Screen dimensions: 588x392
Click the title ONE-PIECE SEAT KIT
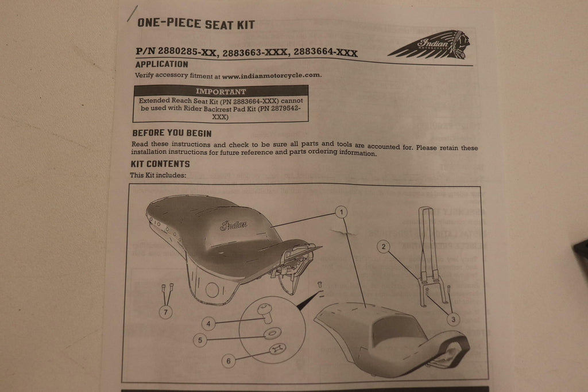tap(196, 24)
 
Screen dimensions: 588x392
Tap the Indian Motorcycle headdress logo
tap(430, 45)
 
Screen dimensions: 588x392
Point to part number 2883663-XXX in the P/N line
tap(255, 52)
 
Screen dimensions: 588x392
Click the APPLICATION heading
tap(161, 64)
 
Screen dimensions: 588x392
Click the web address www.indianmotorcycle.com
tap(272, 75)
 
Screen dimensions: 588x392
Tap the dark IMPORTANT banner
tap(221, 91)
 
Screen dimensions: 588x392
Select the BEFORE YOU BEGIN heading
tap(172, 133)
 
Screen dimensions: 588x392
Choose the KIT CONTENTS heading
tap(160, 164)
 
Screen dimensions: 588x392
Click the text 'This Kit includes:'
tap(158, 175)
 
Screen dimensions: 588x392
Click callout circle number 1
tap(341, 212)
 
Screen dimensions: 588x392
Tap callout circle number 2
tap(383, 247)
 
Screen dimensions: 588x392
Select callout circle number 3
tap(454, 319)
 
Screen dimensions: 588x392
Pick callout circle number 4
tap(208, 324)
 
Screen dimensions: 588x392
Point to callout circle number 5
tap(200, 340)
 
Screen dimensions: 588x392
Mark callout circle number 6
tap(229, 361)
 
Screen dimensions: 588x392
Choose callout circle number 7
tap(166, 312)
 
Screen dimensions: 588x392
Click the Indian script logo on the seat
tap(234, 225)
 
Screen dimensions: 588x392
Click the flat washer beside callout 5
tap(273, 333)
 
